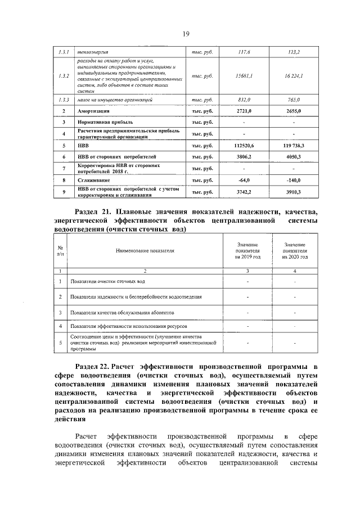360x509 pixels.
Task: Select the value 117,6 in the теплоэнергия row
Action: [x=244, y=52]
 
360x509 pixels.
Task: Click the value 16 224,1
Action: [x=294, y=75]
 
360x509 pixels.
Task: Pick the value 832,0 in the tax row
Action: [x=244, y=99]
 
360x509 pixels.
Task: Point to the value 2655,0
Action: [x=294, y=111]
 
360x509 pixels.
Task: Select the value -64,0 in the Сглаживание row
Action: [x=244, y=180]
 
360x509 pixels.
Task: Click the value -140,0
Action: [x=294, y=180]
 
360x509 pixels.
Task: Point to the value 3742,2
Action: [x=244, y=192]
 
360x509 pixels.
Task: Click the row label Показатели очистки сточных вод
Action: [x=108, y=281]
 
